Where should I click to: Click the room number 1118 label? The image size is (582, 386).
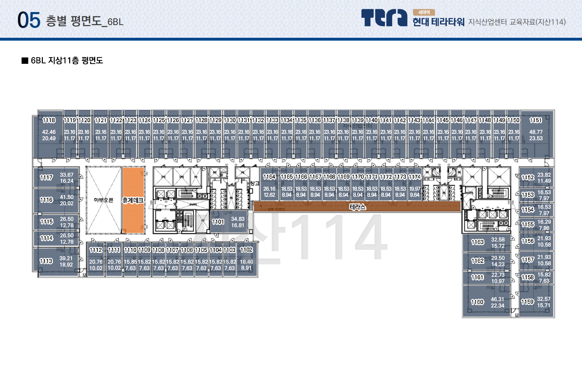49,120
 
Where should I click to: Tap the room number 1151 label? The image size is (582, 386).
536,120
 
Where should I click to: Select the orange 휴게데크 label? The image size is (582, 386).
133,200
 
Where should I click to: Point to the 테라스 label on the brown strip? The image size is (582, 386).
358,207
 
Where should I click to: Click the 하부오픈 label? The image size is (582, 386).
103,200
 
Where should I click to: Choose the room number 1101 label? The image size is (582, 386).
218,222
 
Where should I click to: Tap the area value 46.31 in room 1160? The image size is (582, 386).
497,299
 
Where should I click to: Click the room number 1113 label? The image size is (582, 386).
46,261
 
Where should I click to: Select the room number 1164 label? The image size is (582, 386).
269,177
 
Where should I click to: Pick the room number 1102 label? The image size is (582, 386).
246,250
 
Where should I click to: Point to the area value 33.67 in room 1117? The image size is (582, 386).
67,175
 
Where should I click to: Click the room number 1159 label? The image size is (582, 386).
527,302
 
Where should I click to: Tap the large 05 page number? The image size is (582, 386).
29,20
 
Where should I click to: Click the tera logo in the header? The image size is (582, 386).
384,18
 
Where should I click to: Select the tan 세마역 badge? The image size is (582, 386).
424,12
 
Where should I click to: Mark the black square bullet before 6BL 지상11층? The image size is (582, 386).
25,61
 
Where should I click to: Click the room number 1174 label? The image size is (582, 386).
414,177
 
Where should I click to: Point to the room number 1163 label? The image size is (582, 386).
477,242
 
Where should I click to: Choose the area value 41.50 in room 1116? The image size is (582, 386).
67,197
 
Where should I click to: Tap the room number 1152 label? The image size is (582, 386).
528,178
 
